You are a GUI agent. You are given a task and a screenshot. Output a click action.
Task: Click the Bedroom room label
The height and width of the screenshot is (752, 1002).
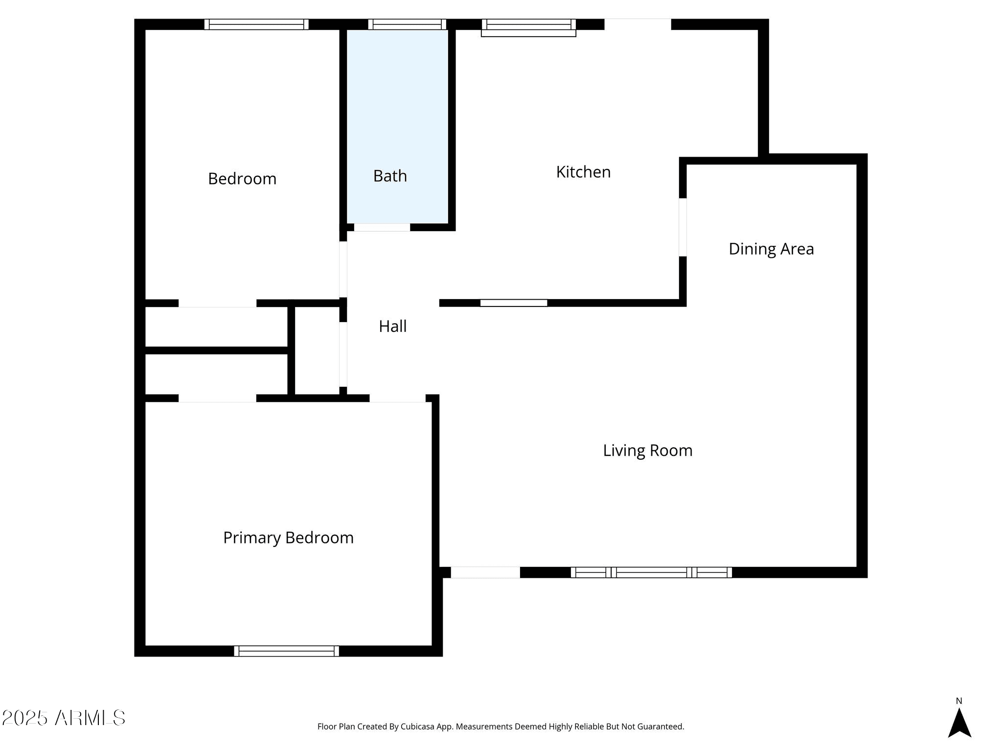click(x=242, y=179)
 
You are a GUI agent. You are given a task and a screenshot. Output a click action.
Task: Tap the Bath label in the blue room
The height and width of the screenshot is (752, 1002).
click(x=390, y=176)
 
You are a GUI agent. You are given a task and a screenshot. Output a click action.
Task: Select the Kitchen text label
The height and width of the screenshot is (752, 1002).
click(x=583, y=172)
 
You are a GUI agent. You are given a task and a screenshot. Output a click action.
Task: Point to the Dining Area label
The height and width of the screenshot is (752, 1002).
click(x=771, y=249)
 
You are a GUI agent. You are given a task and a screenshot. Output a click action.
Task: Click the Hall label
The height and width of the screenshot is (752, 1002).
click(x=392, y=326)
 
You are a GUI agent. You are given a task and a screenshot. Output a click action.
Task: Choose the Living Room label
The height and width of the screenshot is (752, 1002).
click(x=647, y=450)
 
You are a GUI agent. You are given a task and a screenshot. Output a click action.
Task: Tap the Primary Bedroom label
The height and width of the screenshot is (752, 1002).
click(x=288, y=538)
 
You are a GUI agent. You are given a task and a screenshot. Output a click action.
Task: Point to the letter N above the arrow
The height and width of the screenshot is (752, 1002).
click(x=959, y=701)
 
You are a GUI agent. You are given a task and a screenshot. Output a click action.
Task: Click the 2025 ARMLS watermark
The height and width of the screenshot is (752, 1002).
click(x=64, y=718)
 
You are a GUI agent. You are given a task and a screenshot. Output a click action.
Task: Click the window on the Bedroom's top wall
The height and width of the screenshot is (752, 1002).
click(x=256, y=24)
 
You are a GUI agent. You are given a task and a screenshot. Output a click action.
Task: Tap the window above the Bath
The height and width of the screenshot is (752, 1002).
click(x=407, y=24)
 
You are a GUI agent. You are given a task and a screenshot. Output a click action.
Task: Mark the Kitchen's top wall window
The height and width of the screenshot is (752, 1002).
click(x=528, y=27)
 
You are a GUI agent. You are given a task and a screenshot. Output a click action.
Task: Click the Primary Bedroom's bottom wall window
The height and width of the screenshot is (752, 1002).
click(x=286, y=651)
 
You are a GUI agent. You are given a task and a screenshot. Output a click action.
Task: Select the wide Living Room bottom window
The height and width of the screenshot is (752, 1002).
click(x=651, y=572)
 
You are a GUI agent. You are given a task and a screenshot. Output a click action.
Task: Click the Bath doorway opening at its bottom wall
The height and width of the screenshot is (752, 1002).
click(x=382, y=227)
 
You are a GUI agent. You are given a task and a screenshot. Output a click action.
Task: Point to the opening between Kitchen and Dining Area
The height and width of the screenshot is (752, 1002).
click(x=683, y=227)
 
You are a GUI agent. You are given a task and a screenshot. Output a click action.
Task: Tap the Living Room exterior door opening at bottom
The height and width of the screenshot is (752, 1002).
click(x=485, y=572)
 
